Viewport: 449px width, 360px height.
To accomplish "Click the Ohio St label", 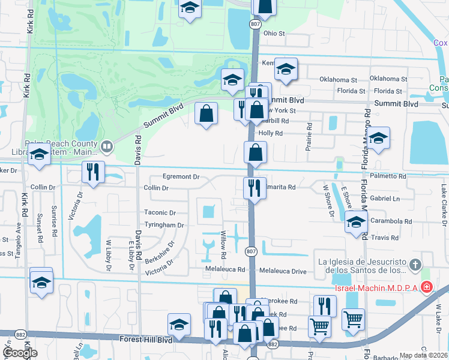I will coord(273,34).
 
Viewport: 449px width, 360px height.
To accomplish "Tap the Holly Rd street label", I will coord(271,133).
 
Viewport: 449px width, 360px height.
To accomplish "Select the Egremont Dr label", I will coord(181,177).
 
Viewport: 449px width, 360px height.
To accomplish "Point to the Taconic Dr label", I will coord(160,212).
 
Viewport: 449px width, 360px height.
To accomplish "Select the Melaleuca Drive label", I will coord(282,272).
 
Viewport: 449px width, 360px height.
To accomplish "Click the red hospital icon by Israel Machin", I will coord(426,287).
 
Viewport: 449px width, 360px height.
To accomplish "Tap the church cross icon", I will coord(414,265).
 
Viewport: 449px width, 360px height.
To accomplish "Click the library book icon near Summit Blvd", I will coord(107,146).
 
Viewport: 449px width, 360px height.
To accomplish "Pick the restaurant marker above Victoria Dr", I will coord(92,172).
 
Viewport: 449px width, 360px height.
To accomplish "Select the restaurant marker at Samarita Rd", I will coord(255,187).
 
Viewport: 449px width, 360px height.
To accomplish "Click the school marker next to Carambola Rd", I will coord(356,223).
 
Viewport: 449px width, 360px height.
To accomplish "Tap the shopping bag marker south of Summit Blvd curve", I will coord(206,113).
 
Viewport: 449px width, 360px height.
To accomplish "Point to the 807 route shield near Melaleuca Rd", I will coord(252,251).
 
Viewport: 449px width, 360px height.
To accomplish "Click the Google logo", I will coord(20,353).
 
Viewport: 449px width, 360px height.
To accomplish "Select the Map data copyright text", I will coord(423,355).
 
